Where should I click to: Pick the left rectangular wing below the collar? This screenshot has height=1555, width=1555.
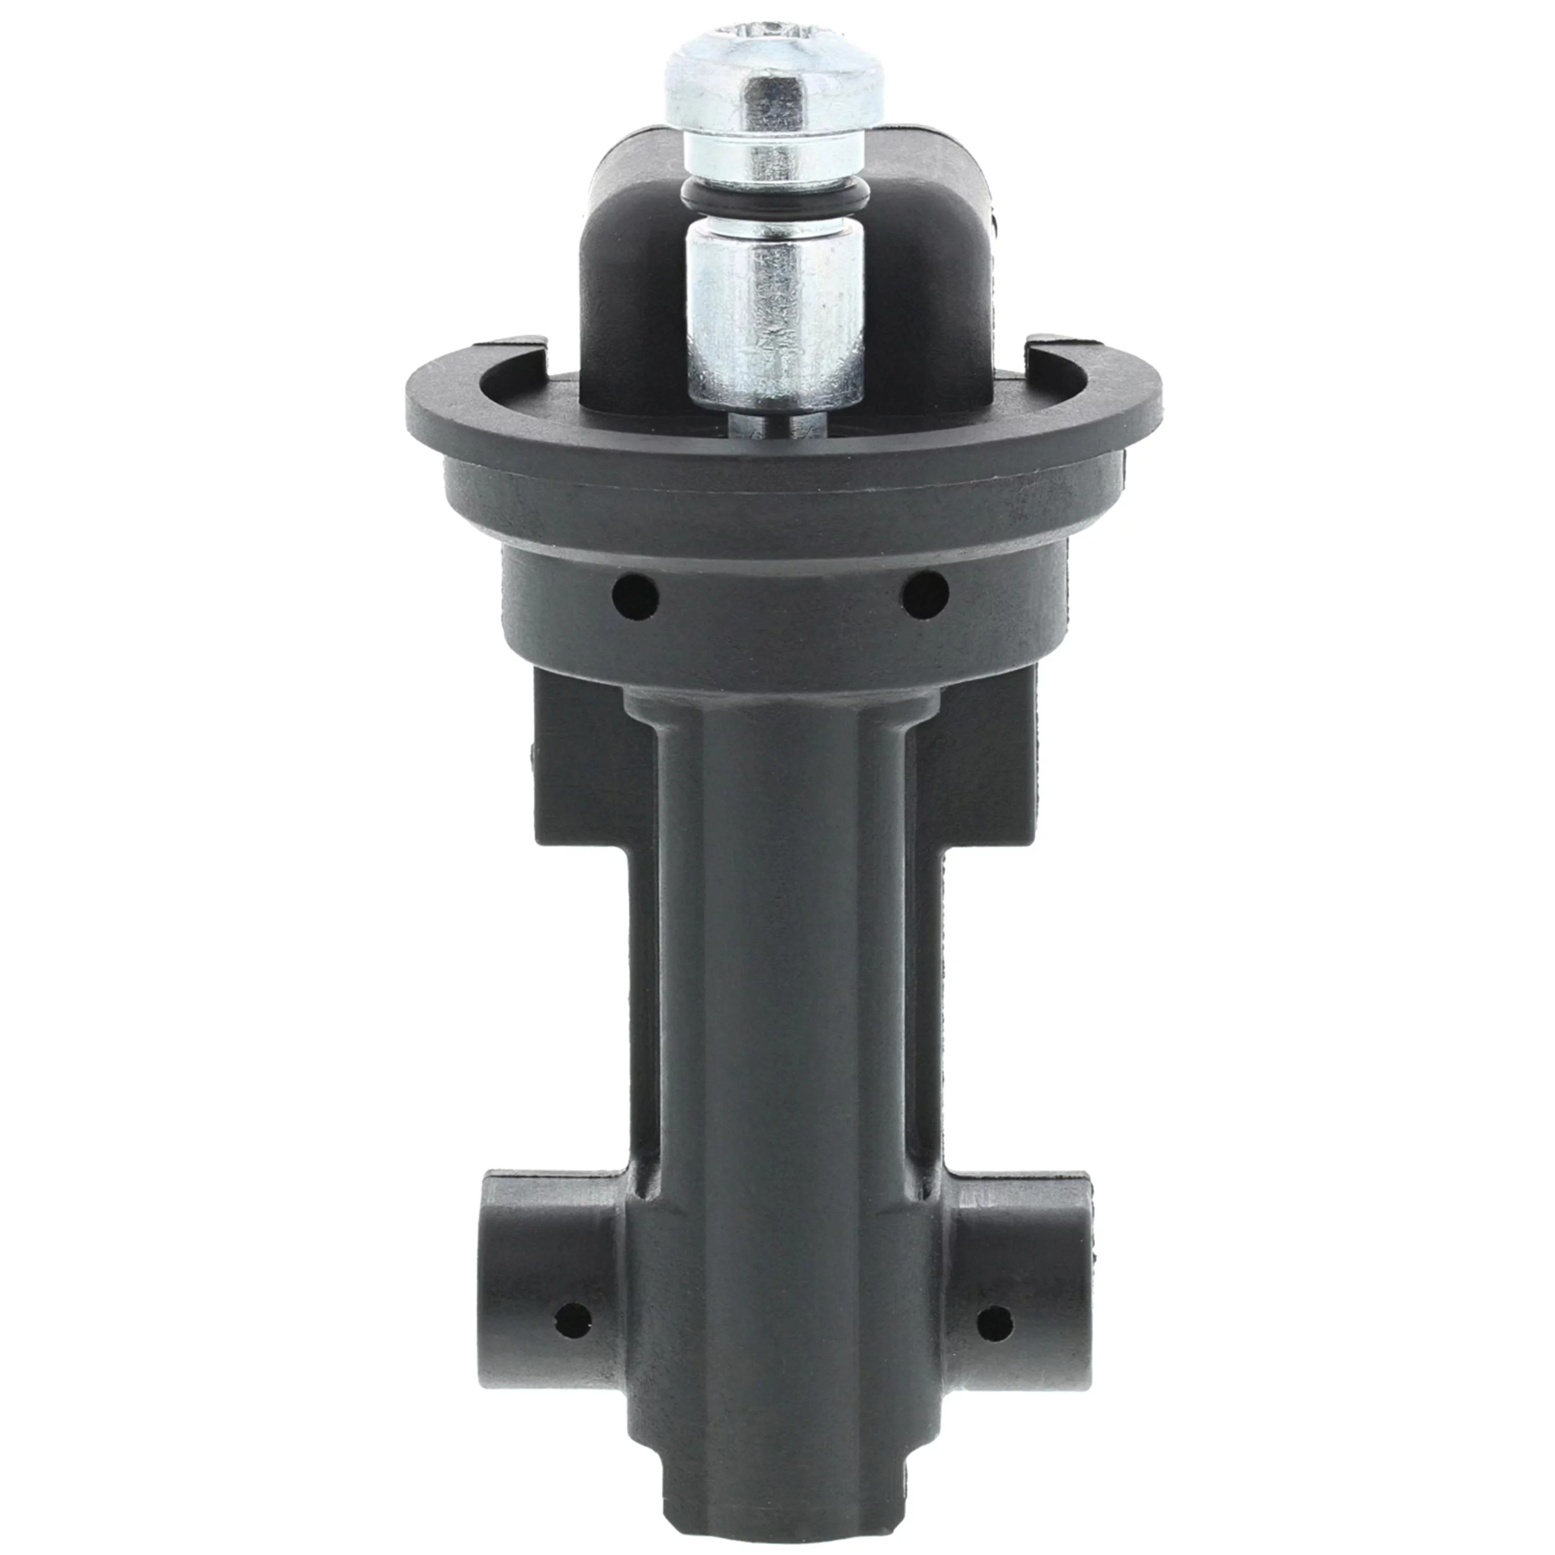pos(579,773)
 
